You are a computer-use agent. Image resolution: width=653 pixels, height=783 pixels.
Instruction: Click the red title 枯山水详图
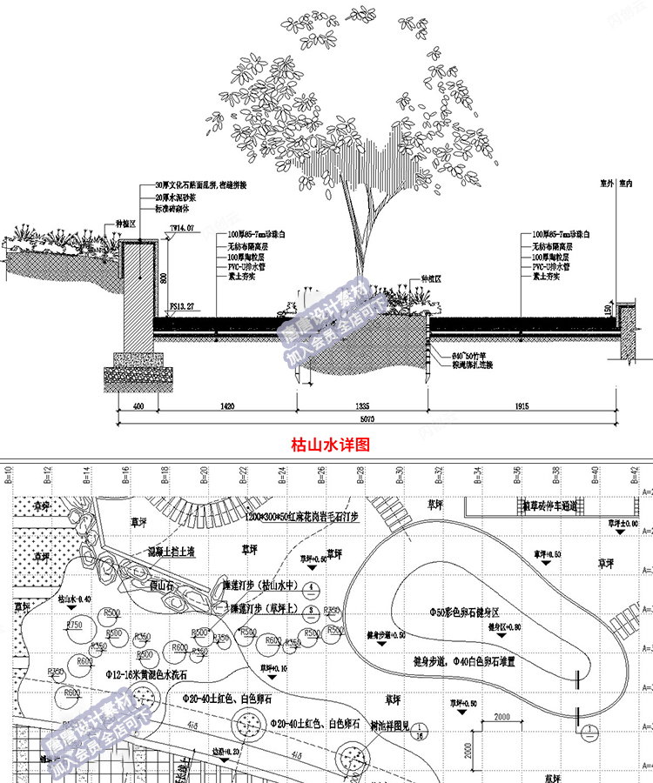click(x=329, y=444)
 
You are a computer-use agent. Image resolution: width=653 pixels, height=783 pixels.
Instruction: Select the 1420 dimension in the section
click(x=226, y=405)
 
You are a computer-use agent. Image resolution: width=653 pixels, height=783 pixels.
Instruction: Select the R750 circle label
click(x=73, y=625)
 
